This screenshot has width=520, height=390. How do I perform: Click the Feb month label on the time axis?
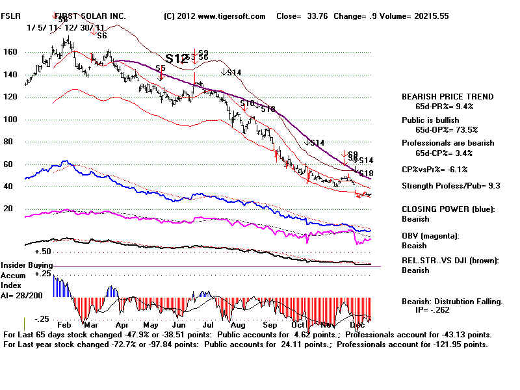[x=65, y=324]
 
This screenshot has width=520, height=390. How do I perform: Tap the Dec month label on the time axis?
[x=357, y=324]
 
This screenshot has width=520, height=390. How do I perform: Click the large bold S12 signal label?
[x=177, y=58]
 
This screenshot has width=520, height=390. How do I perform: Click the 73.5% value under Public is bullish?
[x=460, y=129]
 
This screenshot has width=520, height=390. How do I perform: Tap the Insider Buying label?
[x=27, y=265]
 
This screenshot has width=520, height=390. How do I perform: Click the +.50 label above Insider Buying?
[x=44, y=251]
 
